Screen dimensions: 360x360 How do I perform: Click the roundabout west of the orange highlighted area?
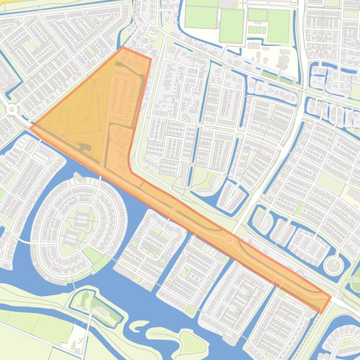click(x=12, y=109)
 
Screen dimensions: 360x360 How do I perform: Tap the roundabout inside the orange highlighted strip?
click(x=229, y=240)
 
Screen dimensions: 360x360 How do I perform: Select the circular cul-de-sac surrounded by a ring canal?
click(x=333, y=266)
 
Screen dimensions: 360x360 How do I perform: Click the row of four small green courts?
click(x=256, y=29)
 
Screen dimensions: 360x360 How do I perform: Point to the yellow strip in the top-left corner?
click(x=14, y=5)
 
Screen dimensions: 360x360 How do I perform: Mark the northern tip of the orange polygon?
click(x=123, y=47)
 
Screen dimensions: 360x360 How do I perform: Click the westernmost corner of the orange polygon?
click(x=31, y=127)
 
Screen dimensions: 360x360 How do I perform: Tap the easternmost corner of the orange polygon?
click(x=331, y=296)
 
